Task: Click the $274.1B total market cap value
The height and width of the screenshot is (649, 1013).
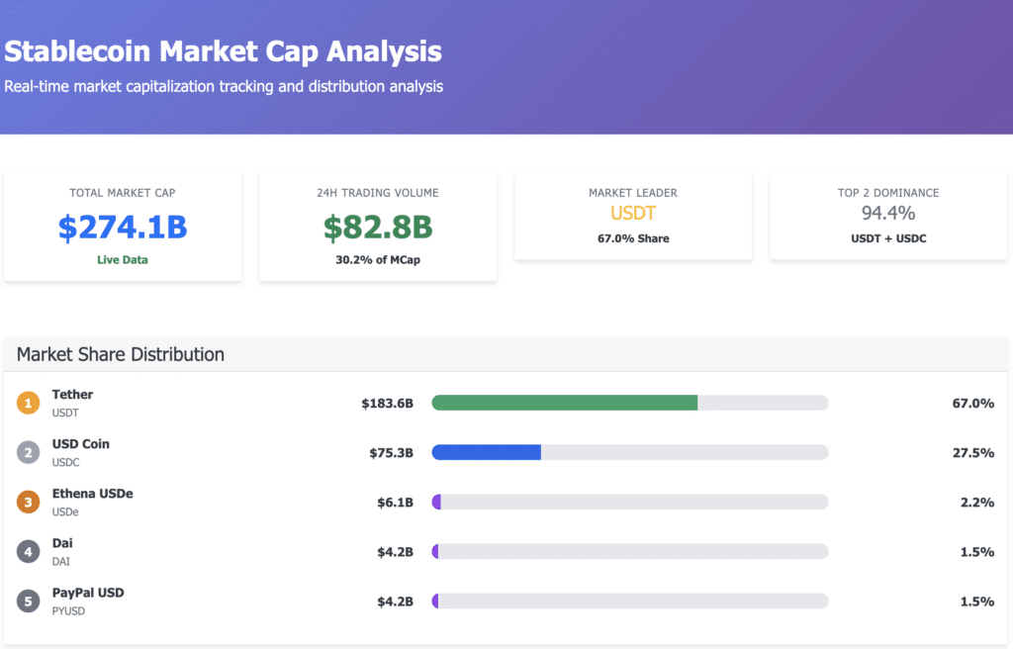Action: [123, 227]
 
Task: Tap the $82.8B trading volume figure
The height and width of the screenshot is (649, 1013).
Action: [378, 227]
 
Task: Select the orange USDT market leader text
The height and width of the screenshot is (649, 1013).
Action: [633, 213]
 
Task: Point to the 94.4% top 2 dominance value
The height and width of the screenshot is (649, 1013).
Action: [888, 213]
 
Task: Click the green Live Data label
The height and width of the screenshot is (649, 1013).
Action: [123, 258]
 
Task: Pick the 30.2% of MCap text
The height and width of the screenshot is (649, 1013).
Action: [378, 260]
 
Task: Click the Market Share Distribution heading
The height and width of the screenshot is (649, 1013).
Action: [121, 354]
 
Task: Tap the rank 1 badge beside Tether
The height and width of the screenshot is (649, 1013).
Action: [28, 403]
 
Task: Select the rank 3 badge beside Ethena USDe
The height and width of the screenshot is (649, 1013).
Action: [28, 502]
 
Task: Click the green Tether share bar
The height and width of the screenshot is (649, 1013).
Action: [564, 403]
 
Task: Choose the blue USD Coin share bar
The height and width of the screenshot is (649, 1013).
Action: [486, 452]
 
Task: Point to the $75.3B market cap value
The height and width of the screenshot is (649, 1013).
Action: [391, 453]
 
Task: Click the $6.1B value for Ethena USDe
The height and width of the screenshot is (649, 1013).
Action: [395, 503]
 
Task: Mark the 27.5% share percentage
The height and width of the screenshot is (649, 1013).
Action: [972, 453]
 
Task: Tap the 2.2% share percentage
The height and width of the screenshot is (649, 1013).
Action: [976, 503]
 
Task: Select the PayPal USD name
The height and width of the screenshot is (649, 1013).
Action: [88, 593]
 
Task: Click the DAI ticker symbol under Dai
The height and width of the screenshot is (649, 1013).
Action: [62, 561]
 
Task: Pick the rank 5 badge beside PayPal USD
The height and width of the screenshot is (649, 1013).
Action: [28, 601]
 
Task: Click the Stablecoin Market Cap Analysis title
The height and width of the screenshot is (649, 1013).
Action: [223, 50]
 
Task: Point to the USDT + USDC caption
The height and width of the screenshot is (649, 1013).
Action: [888, 238]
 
